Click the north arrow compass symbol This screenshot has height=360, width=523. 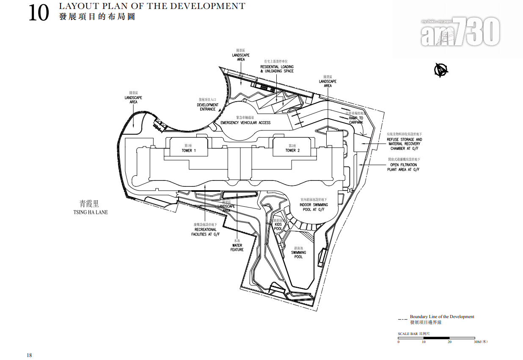pos(441,70)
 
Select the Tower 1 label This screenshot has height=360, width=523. pos(189,150)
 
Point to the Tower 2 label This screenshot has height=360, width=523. pos(292,150)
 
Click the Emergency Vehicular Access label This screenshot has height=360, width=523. pos(245,123)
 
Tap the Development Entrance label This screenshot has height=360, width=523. pos(208,107)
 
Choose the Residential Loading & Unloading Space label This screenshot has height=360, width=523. pos(277,69)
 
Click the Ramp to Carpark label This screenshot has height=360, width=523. pos(356,120)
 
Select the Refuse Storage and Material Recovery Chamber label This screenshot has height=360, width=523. pos(404,144)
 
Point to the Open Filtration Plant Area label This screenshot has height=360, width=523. pos(403,167)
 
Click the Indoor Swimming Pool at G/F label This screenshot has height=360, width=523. pos(314,207)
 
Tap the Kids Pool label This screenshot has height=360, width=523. pos(278,227)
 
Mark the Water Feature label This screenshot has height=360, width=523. pos(237,247)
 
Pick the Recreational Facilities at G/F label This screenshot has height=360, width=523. pos(205,232)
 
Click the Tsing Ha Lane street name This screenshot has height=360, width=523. pos(91,212)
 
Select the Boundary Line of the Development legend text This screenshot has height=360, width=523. pos(442,317)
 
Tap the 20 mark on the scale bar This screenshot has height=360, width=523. pos(450,342)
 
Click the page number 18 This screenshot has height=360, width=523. pos(29,355)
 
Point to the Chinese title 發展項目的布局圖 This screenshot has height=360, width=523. pos(97,17)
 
